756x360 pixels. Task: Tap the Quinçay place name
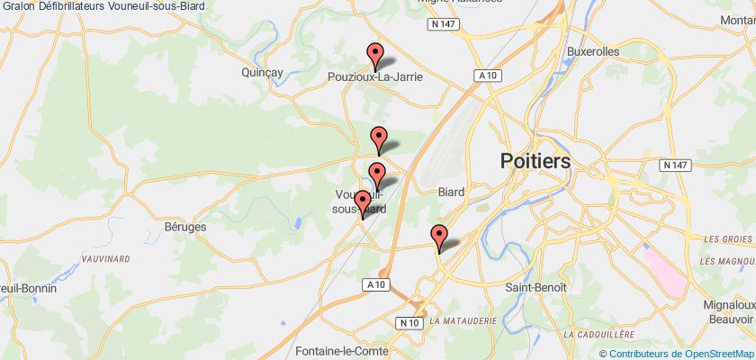click(x=263, y=72)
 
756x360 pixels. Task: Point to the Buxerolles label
click(x=592, y=52)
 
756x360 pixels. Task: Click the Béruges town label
click(x=186, y=227)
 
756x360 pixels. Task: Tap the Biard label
click(x=451, y=191)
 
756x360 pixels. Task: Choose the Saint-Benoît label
click(x=535, y=286)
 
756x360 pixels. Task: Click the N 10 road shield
click(x=409, y=322)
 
